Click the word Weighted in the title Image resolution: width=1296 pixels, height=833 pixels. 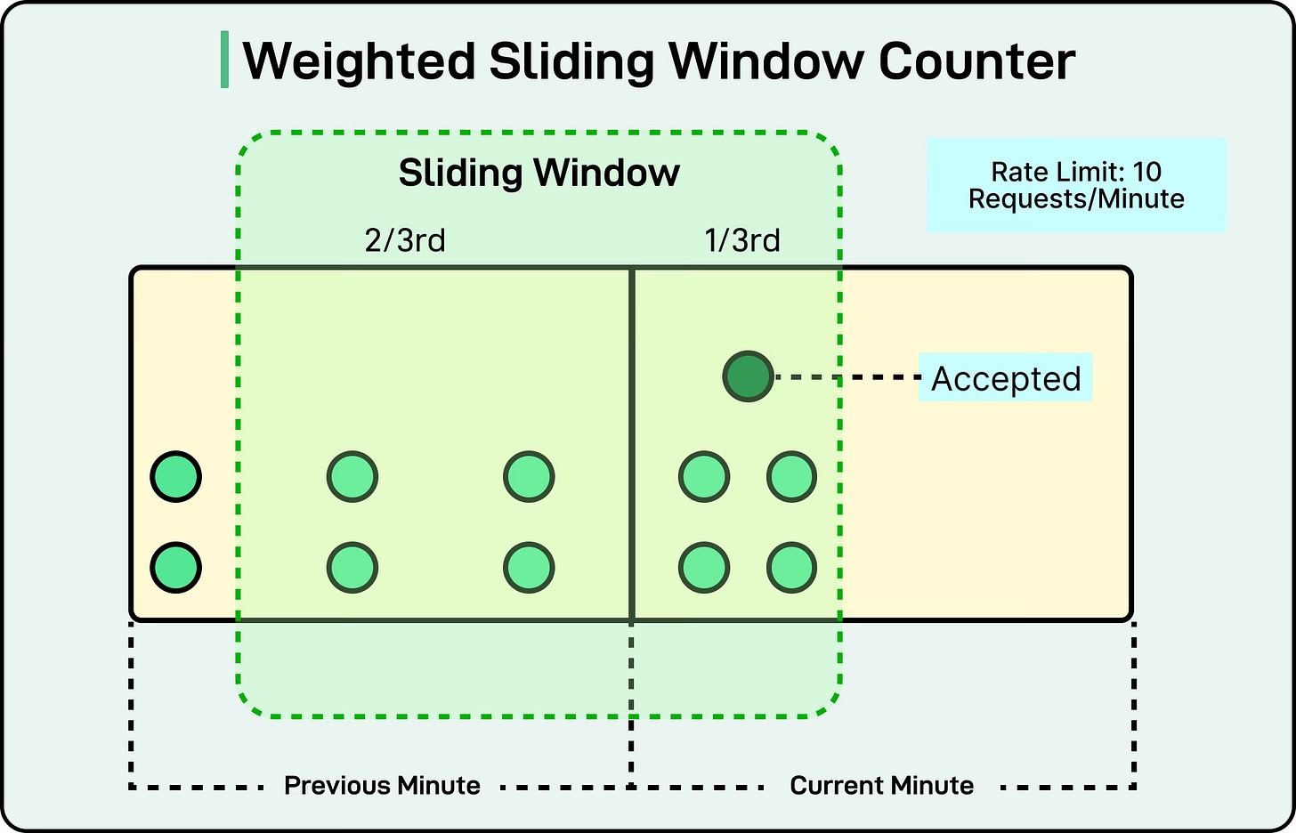click(x=359, y=61)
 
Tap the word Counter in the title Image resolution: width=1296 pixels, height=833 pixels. click(x=976, y=61)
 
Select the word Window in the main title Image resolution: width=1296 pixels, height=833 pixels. click(x=765, y=61)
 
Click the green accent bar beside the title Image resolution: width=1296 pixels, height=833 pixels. click(x=224, y=60)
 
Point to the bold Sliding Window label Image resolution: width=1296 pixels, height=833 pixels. click(x=539, y=173)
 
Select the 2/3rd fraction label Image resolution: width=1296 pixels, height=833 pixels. click(x=405, y=240)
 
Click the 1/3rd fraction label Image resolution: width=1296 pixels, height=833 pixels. click(x=742, y=240)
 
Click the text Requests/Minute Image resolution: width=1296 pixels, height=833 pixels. click(x=1076, y=198)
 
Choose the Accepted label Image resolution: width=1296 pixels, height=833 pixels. click(x=1006, y=378)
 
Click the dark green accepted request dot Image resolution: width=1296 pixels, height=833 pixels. click(x=748, y=376)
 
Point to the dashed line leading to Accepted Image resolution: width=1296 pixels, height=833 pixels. click(x=846, y=377)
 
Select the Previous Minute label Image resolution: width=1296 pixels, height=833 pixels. click(x=382, y=786)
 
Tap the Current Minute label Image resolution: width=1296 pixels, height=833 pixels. click(x=881, y=786)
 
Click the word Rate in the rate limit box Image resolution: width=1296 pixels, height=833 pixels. click(x=1018, y=172)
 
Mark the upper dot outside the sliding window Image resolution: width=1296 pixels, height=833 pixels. click(x=176, y=477)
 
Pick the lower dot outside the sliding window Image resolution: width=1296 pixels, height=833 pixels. click(x=176, y=568)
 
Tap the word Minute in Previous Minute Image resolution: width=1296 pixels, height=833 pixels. click(x=439, y=786)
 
